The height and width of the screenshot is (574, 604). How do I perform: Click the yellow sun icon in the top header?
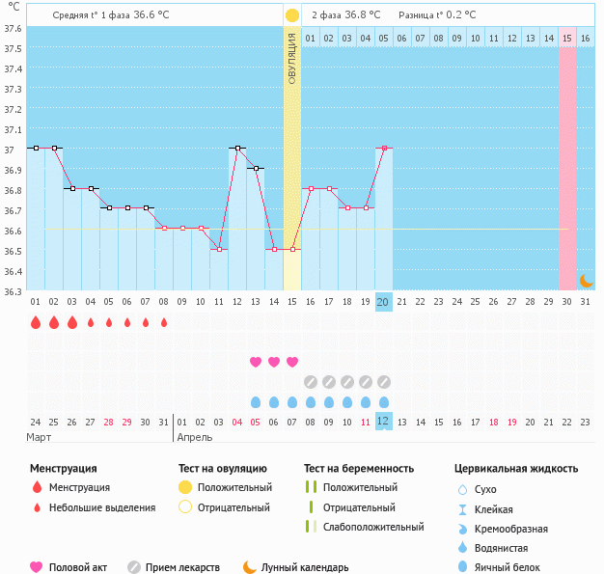coord(291,15)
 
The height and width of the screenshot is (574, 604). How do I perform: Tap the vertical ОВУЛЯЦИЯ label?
coord(292,58)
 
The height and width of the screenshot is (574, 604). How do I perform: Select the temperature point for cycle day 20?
coord(384,148)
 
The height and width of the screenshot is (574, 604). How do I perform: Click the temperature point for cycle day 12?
coord(237,148)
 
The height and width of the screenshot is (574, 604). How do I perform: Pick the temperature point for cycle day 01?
coord(36,148)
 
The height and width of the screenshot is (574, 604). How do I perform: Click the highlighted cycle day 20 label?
coord(383,302)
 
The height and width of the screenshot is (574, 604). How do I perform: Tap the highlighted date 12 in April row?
coord(383,422)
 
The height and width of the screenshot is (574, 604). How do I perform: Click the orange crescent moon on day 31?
coord(586,280)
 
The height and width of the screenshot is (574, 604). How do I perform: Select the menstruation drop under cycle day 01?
coord(36,323)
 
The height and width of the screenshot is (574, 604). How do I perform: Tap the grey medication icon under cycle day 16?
coord(311,381)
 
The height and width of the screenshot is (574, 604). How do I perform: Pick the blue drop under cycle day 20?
coord(384,401)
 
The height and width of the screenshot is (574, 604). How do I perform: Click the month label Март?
coord(40,437)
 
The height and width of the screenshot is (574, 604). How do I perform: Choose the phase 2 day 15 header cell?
coord(567,38)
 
